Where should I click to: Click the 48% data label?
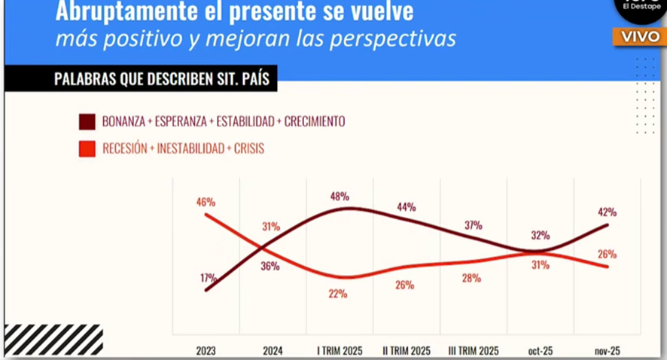click(x=340, y=197)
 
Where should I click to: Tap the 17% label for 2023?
click(x=209, y=277)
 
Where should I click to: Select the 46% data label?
click(x=206, y=202)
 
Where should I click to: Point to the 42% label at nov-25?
click(x=608, y=212)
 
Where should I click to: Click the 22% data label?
click(x=338, y=294)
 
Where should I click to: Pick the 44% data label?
click(x=407, y=207)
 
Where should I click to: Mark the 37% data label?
click(x=474, y=225)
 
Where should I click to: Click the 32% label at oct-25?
click(x=540, y=234)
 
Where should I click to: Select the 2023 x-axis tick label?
click(x=206, y=349)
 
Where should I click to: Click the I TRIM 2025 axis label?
click(x=340, y=349)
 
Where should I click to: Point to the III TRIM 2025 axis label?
click(x=474, y=349)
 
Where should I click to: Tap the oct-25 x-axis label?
click(x=540, y=349)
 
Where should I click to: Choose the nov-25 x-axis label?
click(x=607, y=349)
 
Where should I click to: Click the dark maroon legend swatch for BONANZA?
click(x=87, y=121)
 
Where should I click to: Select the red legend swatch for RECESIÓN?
click(x=87, y=149)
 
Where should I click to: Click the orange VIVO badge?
click(x=639, y=37)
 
